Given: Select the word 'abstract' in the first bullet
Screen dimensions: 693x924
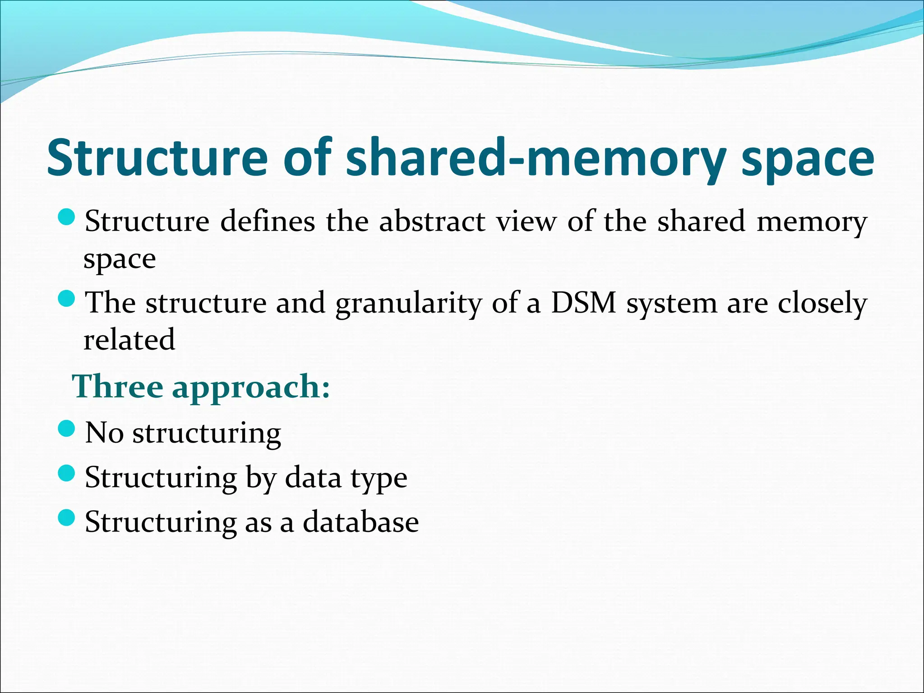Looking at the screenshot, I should [432, 222].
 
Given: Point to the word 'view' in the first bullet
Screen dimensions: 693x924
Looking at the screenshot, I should [527, 222].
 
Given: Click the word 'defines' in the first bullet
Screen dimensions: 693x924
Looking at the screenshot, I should [268, 222].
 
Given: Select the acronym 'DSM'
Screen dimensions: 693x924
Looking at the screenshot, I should [583, 303].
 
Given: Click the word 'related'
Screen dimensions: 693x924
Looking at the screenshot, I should [129, 340].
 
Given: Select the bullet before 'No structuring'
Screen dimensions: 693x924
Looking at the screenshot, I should [66, 429].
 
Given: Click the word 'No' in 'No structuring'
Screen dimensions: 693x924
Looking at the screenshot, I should [104, 433].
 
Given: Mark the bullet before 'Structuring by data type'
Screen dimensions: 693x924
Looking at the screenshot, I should [66, 473].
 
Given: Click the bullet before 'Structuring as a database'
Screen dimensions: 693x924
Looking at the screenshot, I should [66, 517].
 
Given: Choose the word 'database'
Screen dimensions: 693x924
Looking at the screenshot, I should [360, 522].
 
